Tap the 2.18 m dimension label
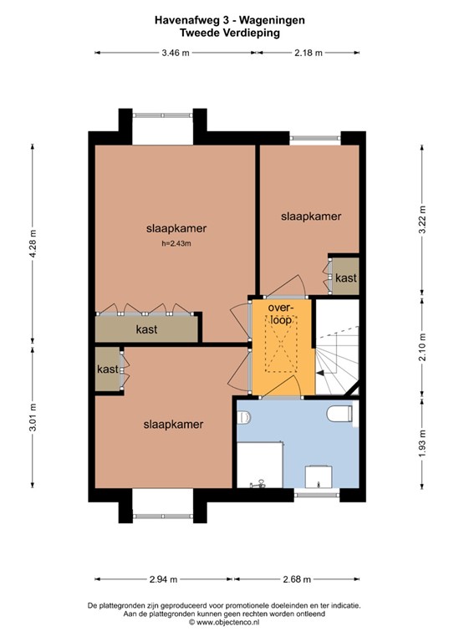(x=309, y=53)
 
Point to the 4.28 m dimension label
(x=33, y=243)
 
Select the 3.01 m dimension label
(x=33, y=417)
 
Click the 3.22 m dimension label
(x=422, y=220)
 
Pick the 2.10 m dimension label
(x=422, y=347)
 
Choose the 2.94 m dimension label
(x=163, y=579)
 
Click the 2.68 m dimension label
(x=297, y=579)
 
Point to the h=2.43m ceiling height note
(x=176, y=243)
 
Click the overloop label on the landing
(x=281, y=313)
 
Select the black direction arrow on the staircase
(x=320, y=373)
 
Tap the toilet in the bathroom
(x=339, y=414)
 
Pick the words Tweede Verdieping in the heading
(x=230, y=33)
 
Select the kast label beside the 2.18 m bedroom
(x=346, y=278)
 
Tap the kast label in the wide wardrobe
(x=146, y=329)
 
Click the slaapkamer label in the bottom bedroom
(x=173, y=425)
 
